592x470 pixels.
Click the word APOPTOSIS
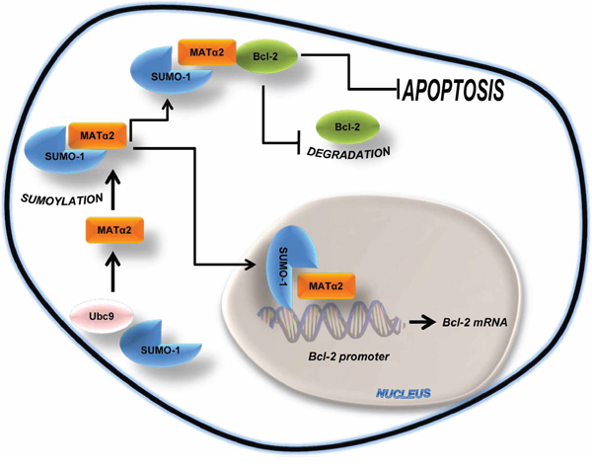click(453, 92)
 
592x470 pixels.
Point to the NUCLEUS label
click(400, 393)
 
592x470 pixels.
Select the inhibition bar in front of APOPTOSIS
click(399, 92)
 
